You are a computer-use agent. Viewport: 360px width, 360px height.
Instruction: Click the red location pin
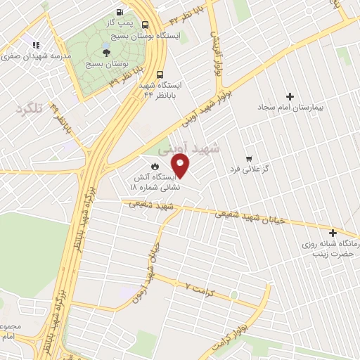pos(181,166)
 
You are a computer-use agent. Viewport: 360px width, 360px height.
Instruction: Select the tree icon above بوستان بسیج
pos(106,51)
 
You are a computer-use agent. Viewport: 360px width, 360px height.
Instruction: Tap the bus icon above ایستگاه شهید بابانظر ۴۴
pos(160,74)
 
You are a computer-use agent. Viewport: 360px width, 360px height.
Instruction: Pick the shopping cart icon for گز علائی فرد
pos(248,159)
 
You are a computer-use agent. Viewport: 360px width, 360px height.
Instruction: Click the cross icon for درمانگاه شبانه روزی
pos(333,233)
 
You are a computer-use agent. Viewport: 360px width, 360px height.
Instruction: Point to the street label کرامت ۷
pos(198,288)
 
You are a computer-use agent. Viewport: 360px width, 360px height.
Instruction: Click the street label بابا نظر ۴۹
pos(62,119)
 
